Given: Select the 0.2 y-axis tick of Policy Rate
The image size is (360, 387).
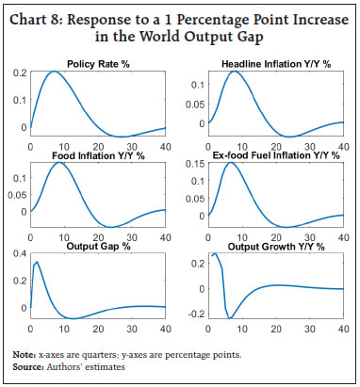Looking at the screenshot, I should point(20,73).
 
